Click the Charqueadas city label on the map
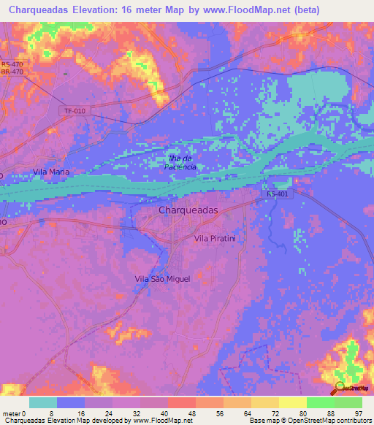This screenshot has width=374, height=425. pyautogui.click(x=188, y=210)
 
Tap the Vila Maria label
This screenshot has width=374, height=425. pyautogui.click(x=51, y=172)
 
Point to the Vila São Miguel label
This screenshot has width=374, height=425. pyautogui.click(x=162, y=279)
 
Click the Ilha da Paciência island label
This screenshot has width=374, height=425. pyautogui.click(x=180, y=162)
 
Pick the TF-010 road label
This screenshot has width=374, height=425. pyautogui.click(x=75, y=111)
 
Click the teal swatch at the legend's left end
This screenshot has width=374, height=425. pyautogui.click(x=42, y=402)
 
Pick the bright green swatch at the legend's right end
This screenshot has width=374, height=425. pyautogui.click(x=348, y=402)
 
